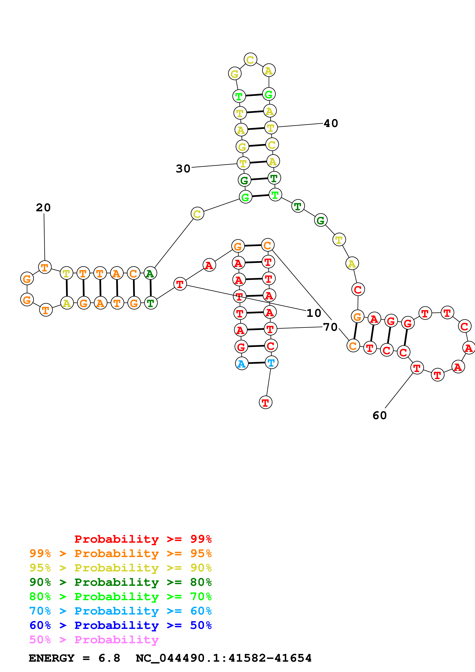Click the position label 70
click(330, 327)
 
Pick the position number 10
click(314, 313)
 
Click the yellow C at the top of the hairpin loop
click(250, 60)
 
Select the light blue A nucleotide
click(241, 364)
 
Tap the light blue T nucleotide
click(271, 363)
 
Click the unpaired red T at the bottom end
click(265, 402)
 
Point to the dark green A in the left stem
click(150, 273)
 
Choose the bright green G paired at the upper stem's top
click(269, 94)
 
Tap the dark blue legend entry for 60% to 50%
click(121, 625)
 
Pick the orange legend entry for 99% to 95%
click(121, 553)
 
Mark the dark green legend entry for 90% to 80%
click(121, 582)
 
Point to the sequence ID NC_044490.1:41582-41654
click(224, 658)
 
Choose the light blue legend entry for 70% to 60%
click(121, 611)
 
